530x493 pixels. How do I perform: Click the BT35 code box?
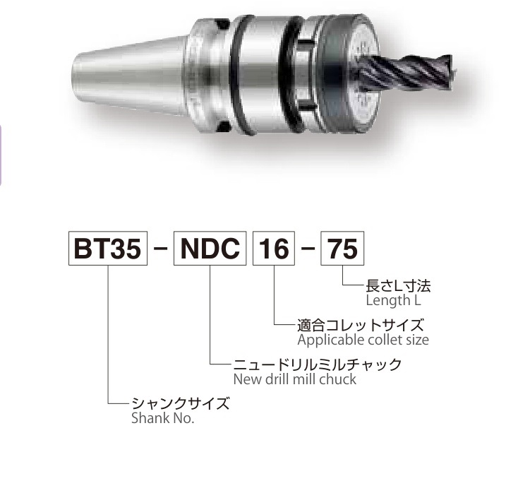click(x=108, y=249)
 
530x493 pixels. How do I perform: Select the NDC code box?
click(x=210, y=249)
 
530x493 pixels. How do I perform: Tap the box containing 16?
click(x=274, y=249)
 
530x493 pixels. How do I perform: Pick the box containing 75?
click(x=342, y=249)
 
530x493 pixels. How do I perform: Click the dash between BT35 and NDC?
click(x=160, y=249)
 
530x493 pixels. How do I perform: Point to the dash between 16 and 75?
click(x=308, y=249)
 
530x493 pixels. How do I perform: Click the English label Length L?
click(x=394, y=300)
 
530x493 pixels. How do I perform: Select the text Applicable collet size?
click(x=363, y=340)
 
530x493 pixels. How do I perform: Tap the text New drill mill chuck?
click(x=295, y=379)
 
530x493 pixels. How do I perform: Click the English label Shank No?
click(x=162, y=418)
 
